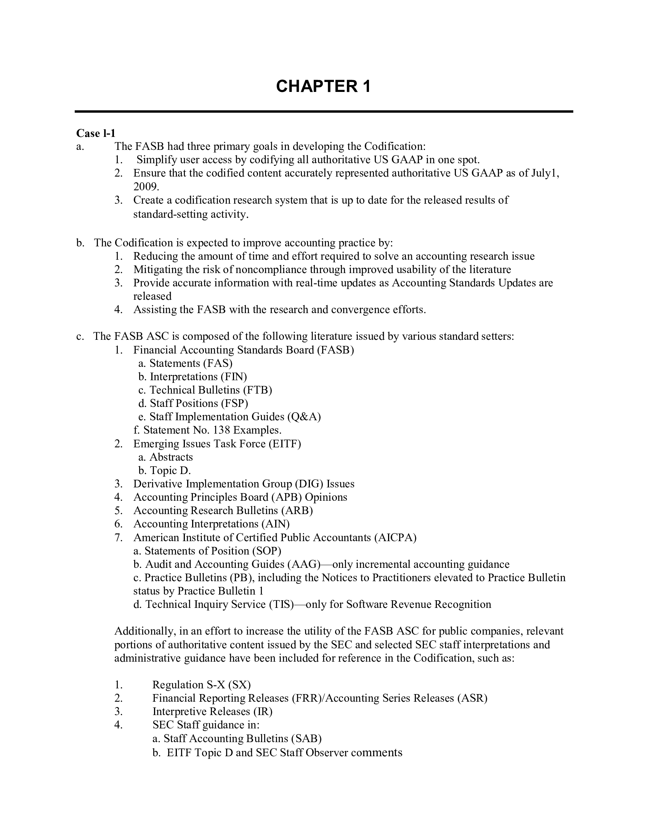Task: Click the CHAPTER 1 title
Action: (x=323, y=86)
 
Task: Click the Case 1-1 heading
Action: (x=96, y=133)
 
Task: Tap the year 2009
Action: (x=146, y=187)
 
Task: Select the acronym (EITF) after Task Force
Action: (x=285, y=444)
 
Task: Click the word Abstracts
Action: (x=171, y=457)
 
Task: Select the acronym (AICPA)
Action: (x=395, y=537)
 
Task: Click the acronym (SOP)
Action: (x=266, y=551)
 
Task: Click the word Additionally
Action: (x=145, y=631)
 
